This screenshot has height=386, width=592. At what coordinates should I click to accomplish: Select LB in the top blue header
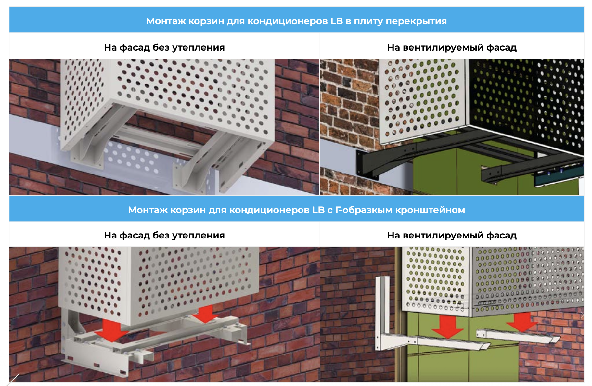337,21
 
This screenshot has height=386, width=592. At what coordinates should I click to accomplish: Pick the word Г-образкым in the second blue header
364,210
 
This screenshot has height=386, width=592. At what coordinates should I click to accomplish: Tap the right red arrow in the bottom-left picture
204,314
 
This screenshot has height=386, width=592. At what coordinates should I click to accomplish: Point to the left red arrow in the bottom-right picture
447,326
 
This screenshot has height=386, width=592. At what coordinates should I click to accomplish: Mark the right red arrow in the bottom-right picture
521,322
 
